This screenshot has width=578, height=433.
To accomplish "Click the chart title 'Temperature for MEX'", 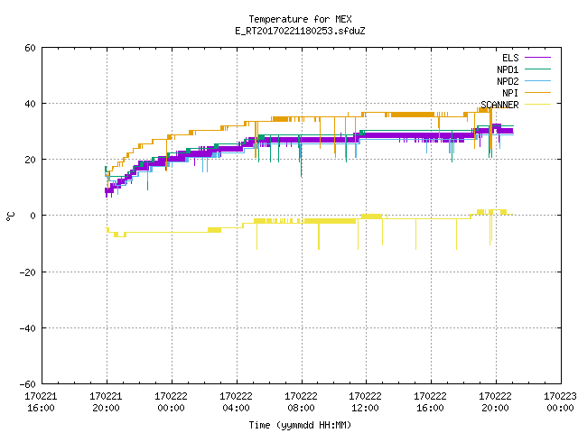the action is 300,19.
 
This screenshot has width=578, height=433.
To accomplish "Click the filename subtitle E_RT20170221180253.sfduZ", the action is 300,31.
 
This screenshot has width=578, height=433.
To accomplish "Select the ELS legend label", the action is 510,58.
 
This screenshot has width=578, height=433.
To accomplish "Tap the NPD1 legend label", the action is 508,69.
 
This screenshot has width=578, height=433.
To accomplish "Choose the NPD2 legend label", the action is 508,81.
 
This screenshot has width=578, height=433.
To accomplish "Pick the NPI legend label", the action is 510,93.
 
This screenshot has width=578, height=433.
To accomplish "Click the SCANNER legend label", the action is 499,105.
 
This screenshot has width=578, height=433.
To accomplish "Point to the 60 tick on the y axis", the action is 30,48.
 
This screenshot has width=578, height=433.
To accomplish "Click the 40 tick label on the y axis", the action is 30,104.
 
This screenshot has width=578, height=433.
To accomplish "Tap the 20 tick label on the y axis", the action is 30,160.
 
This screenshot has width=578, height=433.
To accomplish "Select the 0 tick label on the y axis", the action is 33,216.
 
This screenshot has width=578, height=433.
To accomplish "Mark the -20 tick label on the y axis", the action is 28,272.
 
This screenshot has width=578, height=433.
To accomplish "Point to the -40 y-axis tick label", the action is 28,328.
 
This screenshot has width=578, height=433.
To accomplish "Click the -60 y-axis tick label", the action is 28,384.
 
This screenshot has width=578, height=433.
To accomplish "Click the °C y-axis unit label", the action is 10,216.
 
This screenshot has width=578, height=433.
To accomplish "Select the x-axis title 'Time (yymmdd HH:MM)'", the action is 300,425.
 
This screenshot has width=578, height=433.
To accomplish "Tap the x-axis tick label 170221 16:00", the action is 41,402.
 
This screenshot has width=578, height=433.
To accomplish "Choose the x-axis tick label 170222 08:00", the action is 301,402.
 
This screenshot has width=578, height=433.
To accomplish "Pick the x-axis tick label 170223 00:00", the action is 560,402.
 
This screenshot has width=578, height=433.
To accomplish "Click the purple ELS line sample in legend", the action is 537,58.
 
